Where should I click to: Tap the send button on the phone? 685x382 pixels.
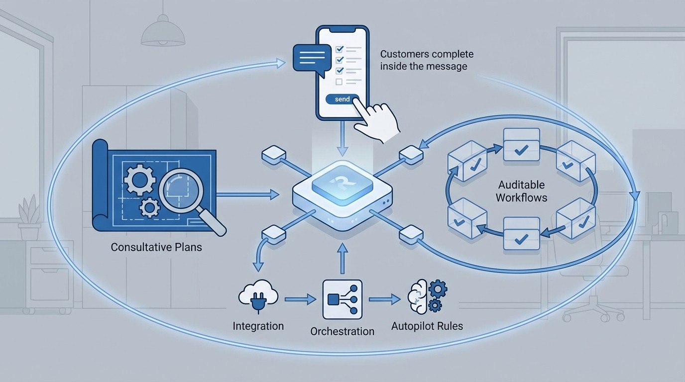pos(342,99)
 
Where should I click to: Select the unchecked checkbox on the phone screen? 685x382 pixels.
pos(339,82)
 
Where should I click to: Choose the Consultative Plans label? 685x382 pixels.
pos(156,247)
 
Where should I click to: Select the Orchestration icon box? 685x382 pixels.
pos(342,299)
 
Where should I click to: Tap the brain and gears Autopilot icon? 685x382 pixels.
pos(427,296)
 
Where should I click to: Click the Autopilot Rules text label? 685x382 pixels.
pos(427,326)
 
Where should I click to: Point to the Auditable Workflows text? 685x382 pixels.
pos(521,191)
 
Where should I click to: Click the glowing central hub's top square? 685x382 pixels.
pos(342,185)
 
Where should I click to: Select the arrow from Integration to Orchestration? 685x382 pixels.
pos(300,299)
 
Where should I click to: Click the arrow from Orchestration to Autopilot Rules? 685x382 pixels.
pos(384,299)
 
